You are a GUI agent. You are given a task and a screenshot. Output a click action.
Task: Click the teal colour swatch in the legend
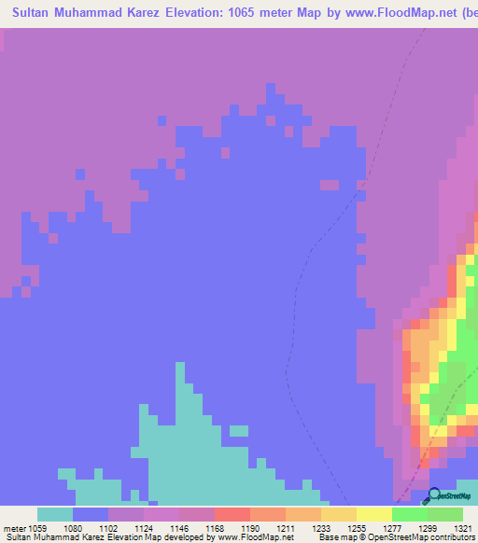[x=55, y=514]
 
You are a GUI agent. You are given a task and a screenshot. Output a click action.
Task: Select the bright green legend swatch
[x=409, y=514]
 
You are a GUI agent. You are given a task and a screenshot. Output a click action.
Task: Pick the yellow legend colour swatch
[x=373, y=514]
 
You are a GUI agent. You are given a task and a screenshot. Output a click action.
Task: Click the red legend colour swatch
[x=232, y=514]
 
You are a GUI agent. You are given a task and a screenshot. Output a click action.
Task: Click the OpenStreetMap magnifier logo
[x=433, y=495]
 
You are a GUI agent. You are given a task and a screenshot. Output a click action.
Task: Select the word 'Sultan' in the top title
[x=34, y=14]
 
